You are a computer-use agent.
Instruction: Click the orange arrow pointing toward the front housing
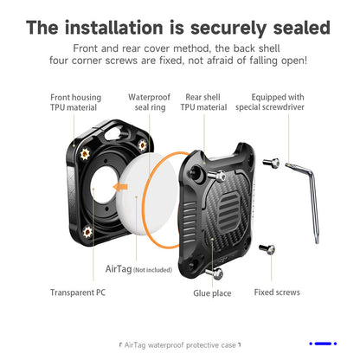(x=120, y=187)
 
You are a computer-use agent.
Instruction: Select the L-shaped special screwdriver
(x=305, y=202)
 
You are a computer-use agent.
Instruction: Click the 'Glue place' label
(x=212, y=293)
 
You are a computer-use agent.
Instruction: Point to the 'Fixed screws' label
(x=277, y=292)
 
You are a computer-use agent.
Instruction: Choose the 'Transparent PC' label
(x=78, y=292)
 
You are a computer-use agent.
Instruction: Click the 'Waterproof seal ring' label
(x=149, y=102)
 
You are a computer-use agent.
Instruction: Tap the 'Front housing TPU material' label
(x=75, y=102)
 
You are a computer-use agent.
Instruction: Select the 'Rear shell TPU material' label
(x=203, y=102)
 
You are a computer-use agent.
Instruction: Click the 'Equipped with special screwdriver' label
(x=270, y=102)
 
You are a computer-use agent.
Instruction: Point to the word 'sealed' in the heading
(x=301, y=28)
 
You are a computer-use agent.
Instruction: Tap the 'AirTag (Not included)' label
(x=138, y=269)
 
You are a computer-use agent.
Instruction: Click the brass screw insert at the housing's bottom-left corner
(x=87, y=232)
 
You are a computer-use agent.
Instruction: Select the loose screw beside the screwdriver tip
(x=272, y=163)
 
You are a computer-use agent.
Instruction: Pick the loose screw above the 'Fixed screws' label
(x=267, y=249)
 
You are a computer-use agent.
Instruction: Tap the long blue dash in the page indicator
(x=323, y=344)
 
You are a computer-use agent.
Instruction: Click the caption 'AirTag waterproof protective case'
(x=180, y=345)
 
